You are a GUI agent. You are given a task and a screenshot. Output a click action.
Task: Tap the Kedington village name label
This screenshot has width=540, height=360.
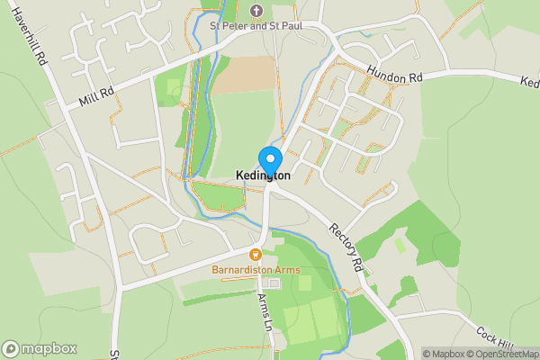pos(263,175)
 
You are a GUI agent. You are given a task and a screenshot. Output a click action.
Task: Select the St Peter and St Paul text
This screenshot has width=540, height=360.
pos(256,26)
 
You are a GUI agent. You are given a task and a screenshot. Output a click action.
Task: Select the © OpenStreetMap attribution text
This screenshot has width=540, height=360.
pos(502,354)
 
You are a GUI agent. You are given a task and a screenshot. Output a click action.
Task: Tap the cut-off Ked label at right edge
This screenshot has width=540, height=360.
pos(529,82)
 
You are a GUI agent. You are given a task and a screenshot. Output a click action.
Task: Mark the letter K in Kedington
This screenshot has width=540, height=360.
pos(240,175)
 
